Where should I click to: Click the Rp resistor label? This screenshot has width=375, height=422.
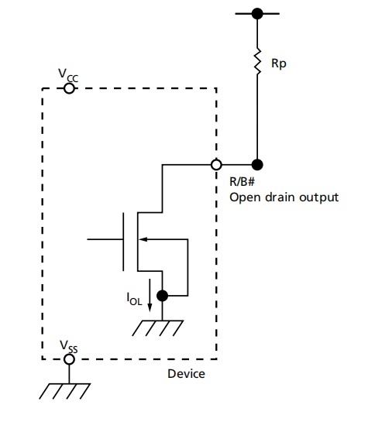point(278,65)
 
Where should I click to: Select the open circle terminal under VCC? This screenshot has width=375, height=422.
point(68,88)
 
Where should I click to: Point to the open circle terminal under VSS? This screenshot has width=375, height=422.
point(68,359)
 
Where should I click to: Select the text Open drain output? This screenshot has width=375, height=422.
point(284,197)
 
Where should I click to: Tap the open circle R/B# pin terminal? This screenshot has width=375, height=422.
point(216,164)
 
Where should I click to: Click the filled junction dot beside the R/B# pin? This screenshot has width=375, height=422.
point(256,164)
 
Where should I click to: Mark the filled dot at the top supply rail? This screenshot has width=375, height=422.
point(256,14)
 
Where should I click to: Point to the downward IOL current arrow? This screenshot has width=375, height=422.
point(150,300)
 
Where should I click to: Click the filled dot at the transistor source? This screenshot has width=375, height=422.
point(162,295)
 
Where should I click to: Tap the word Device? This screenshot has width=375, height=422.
point(187,374)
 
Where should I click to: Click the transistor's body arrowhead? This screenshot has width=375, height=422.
point(145,240)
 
